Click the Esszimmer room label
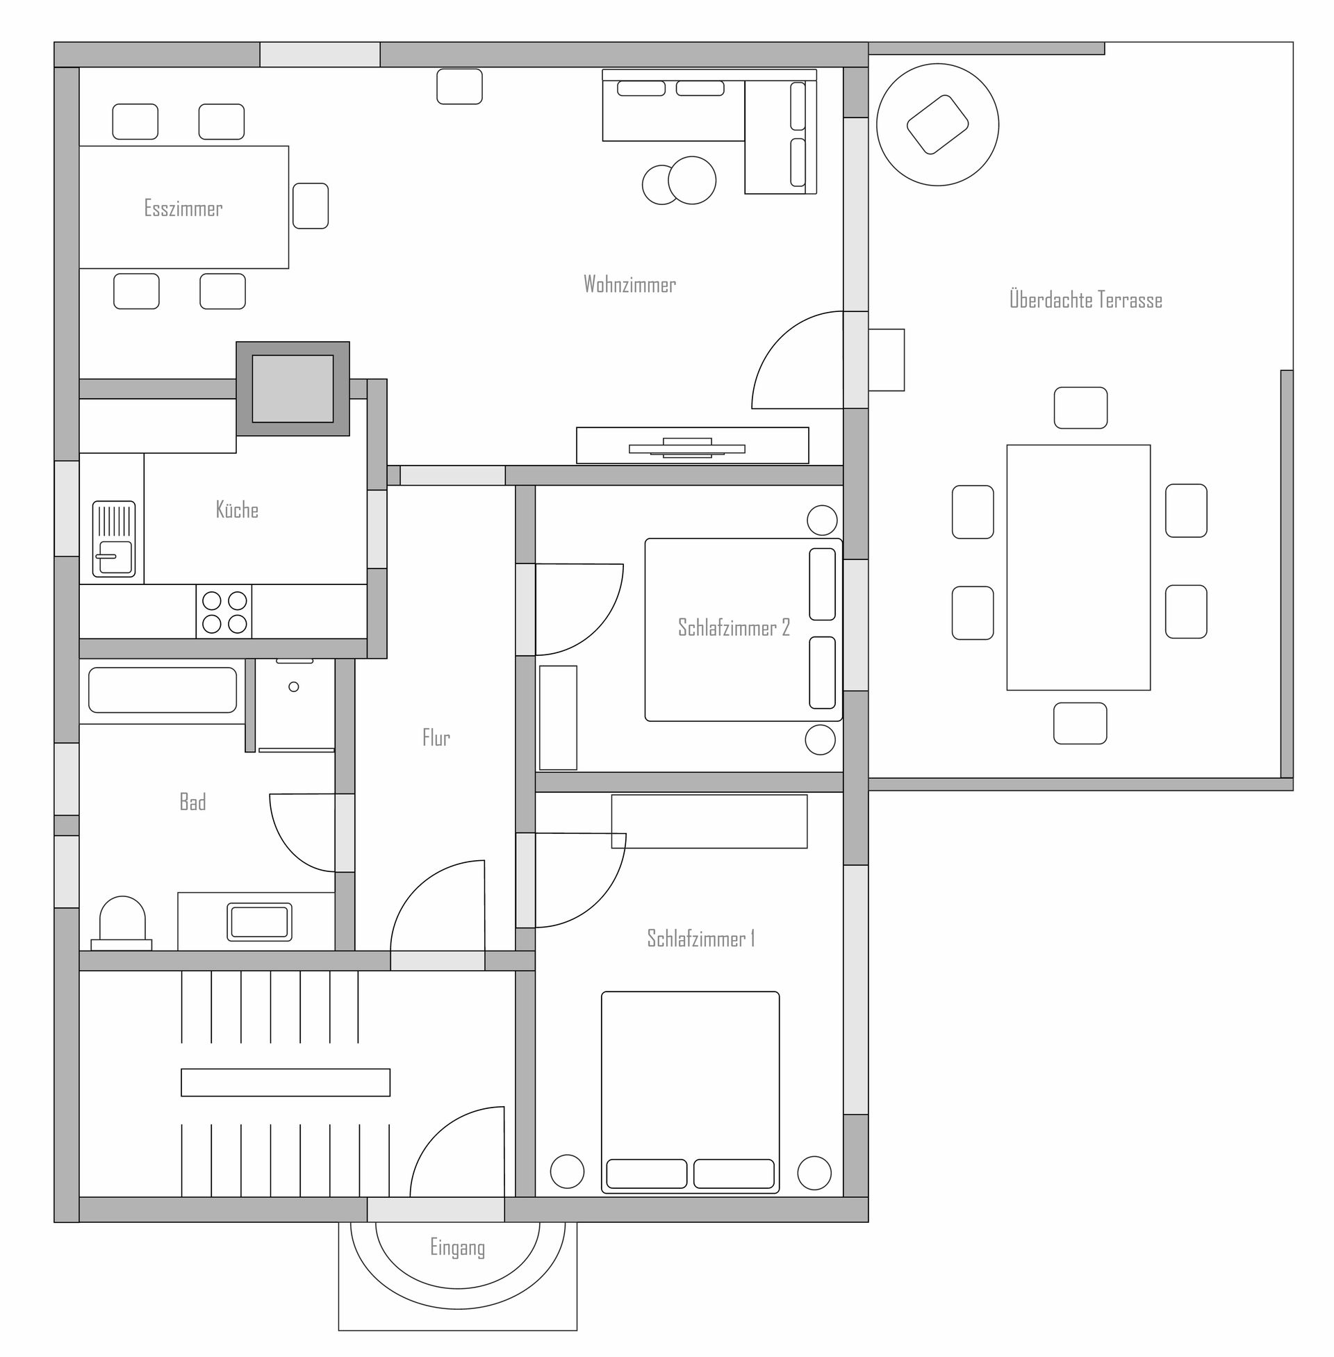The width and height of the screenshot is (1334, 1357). (183, 208)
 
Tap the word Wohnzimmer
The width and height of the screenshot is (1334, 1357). (629, 283)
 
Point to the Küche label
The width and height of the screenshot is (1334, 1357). (237, 509)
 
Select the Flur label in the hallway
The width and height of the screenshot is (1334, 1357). (436, 737)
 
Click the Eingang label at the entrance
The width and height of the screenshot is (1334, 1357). (457, 1248)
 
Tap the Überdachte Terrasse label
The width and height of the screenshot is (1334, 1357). (1085, 300)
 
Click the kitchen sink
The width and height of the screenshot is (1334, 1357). (113, 538)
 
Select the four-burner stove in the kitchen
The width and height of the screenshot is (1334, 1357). (224, 611)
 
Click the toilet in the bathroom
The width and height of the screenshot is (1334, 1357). (122, 923)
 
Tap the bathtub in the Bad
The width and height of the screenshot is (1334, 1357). (163, 690)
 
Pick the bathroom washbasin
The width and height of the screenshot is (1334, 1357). (259, 921)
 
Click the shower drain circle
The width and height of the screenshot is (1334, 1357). (294, 686)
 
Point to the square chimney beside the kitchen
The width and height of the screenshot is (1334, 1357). (293, 389)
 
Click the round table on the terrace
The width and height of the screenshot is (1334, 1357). (937, 124)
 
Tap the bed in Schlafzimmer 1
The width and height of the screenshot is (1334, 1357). (690, 1092)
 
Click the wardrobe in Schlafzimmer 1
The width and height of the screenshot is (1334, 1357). (709, 821)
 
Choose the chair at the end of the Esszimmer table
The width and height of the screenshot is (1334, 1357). (311, 206)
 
